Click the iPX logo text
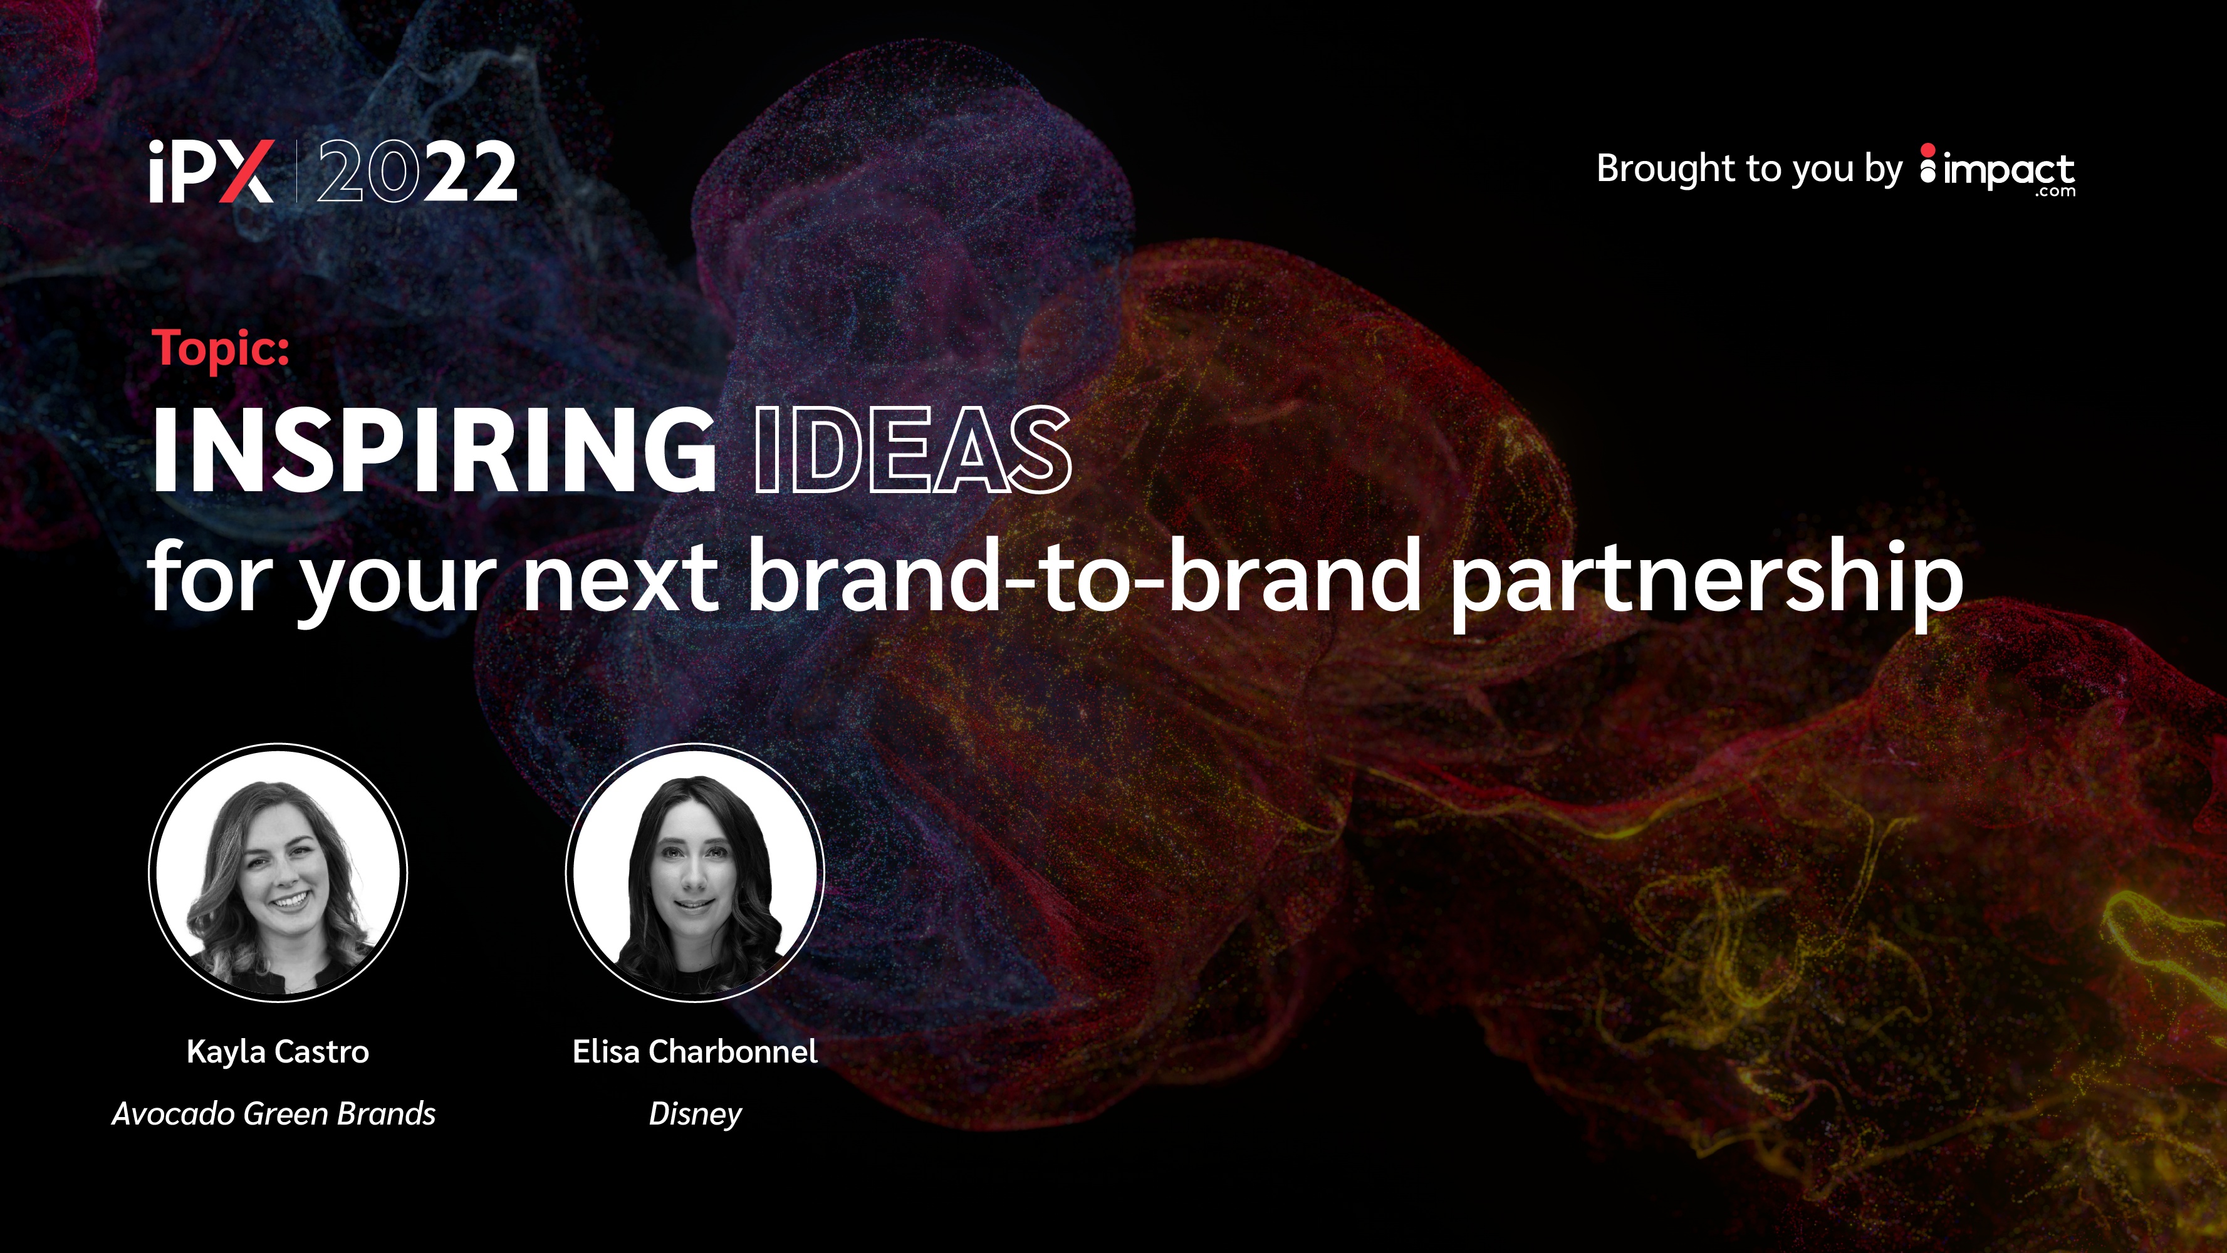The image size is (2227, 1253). (x=212, y=171)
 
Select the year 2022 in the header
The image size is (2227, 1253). (x=417, y=172)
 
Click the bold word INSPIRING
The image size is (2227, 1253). (x=434, y=450)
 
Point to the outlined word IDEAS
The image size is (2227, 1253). (x=913, y=450)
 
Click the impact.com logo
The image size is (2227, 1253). (x=1997, y=170)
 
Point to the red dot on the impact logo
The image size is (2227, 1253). (x=1928, y=150)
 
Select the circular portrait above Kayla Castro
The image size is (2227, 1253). (x=278, y=873)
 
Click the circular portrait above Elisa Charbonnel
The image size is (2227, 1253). (x=695, y=873)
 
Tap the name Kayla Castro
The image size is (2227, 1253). (x=278, y=1053)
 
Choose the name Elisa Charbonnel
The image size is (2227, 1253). (x=695, y=1052)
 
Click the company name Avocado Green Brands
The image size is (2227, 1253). (x=274, y=1113)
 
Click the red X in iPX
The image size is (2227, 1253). (x=246, y=172)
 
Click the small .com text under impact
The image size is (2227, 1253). (x=2055, y=192)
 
